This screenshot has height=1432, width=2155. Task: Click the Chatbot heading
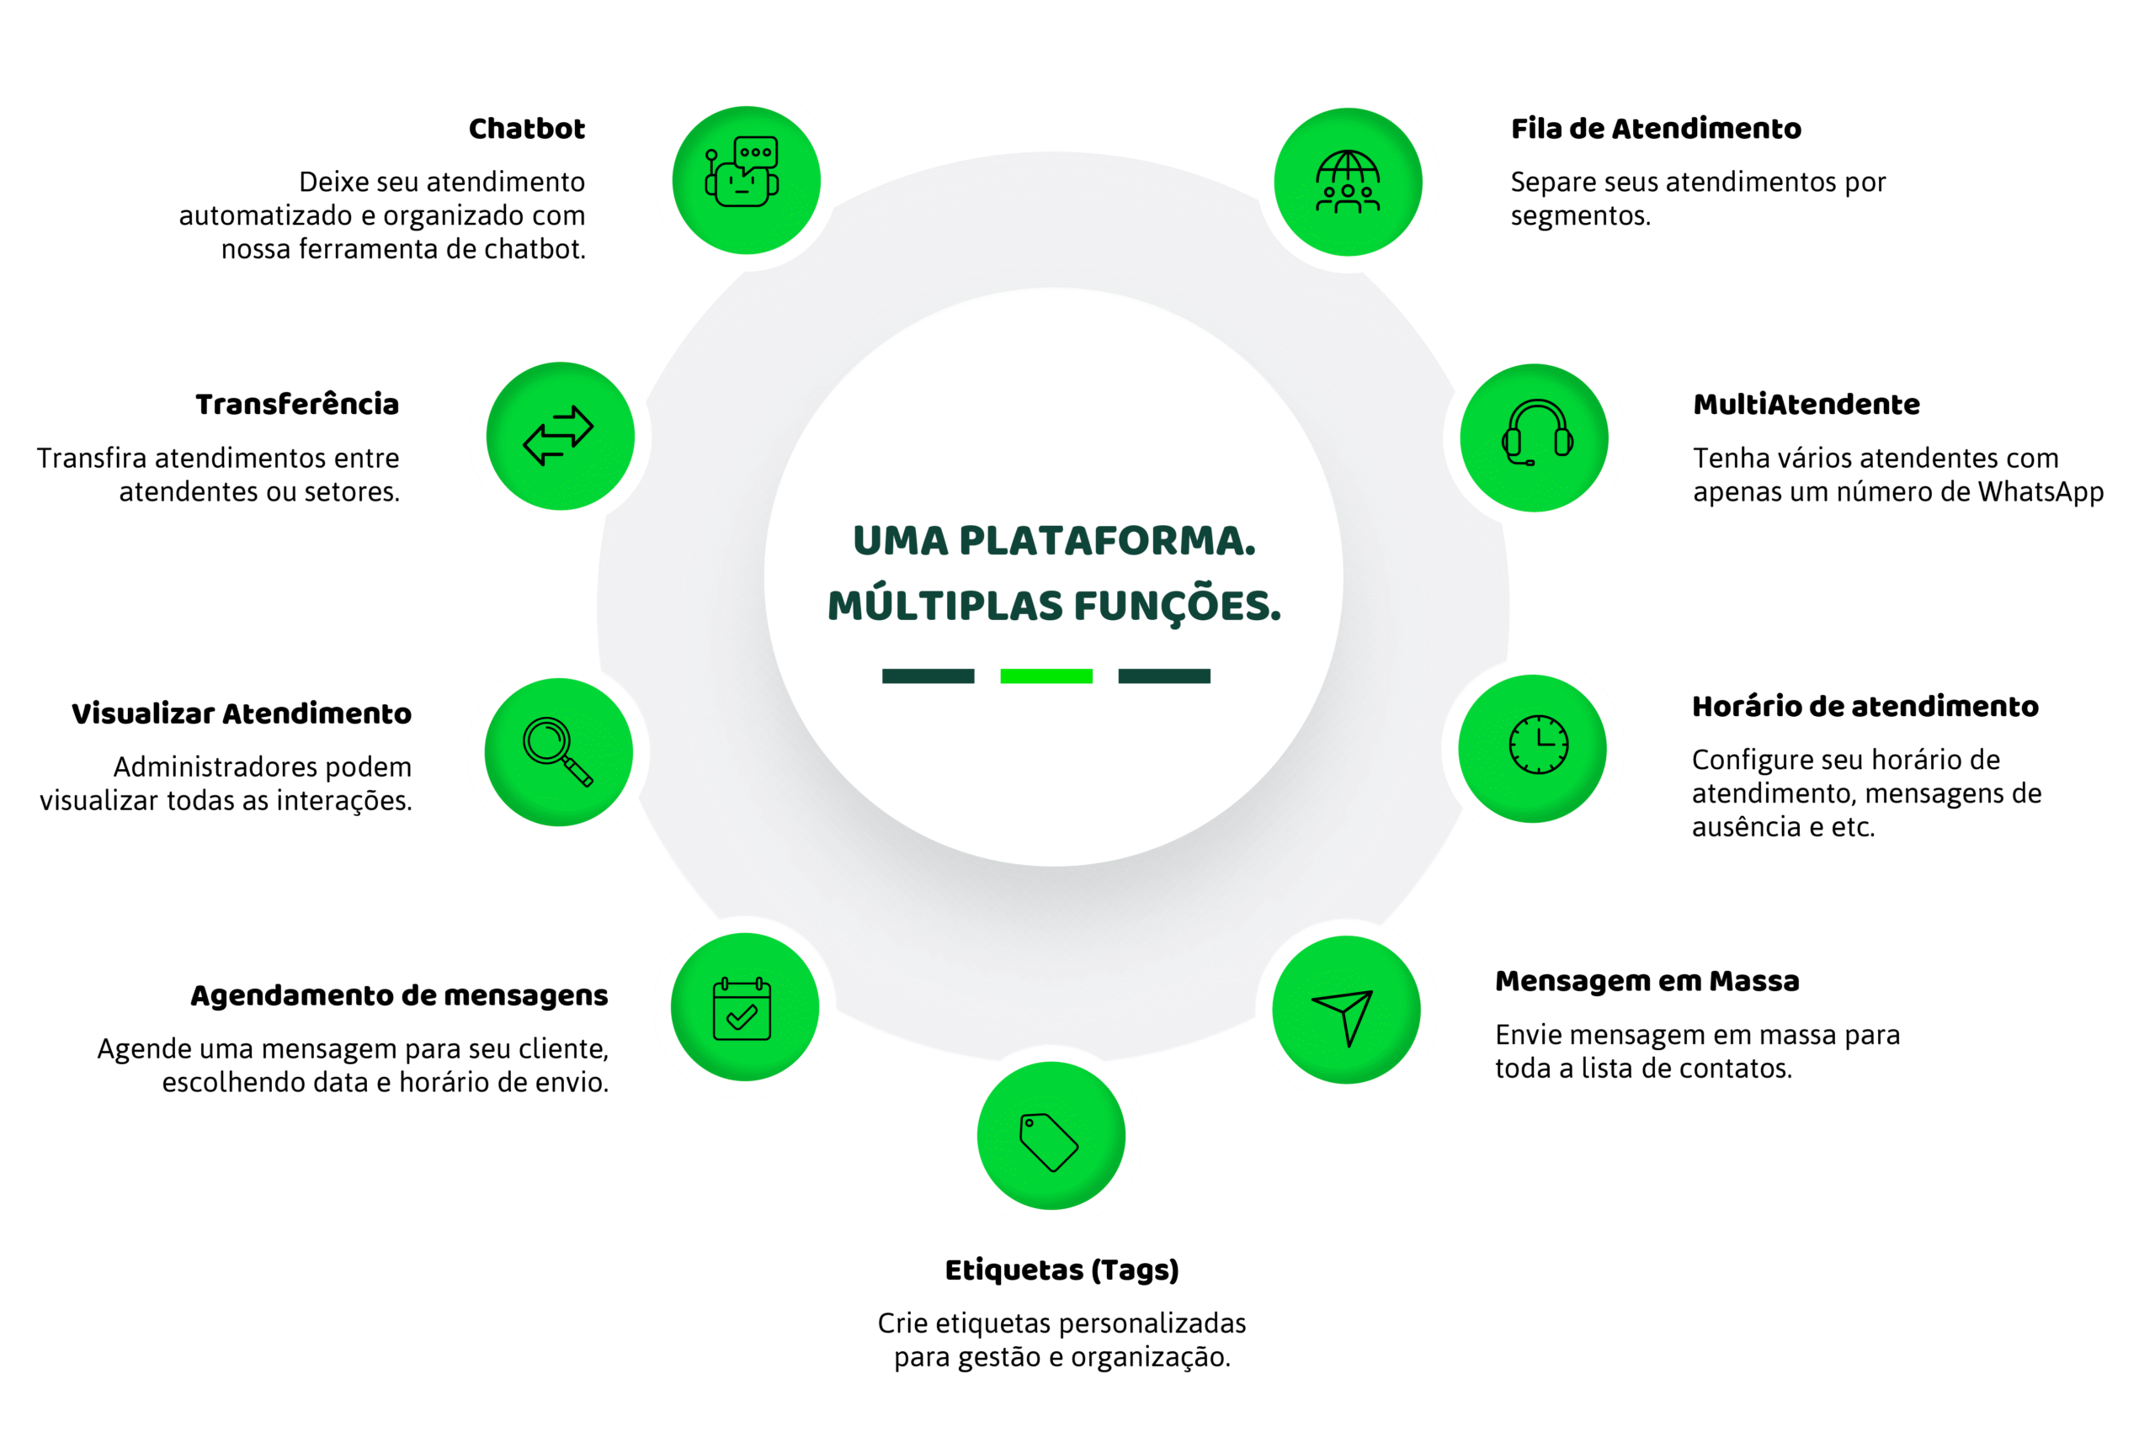(526, 129)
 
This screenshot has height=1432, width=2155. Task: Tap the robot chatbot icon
(742, 172)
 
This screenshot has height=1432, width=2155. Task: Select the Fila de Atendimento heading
(1655, 129)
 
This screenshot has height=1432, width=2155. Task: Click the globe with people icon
(1348, 182)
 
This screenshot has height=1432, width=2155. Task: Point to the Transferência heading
(297, 404)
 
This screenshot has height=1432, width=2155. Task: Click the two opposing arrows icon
(558, 436)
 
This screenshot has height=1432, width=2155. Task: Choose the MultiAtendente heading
(1806, 404)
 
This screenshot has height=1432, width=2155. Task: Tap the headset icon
(1536, 434)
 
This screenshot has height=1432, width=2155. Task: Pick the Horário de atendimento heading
(1865, 706)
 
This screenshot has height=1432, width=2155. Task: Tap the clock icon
(1538, 745)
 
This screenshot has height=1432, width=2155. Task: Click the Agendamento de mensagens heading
(398, 995)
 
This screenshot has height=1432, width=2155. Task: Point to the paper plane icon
(1344, 1014)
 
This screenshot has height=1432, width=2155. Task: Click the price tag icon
(1049, 1140)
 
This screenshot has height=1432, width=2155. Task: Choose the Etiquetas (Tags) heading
(1062, 1270)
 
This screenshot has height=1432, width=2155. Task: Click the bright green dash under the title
(1046, 676)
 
